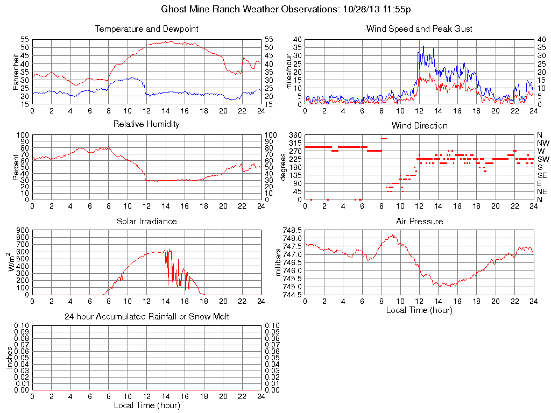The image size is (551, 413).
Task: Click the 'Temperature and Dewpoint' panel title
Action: point(147,29)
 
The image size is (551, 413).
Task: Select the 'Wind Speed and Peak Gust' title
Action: point(419,29)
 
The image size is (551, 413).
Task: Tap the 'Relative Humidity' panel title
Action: point(147,124)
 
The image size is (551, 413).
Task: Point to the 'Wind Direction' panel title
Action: point(419,125)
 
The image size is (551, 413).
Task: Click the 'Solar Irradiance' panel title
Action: point(147,221)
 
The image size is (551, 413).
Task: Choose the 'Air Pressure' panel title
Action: point(419,221)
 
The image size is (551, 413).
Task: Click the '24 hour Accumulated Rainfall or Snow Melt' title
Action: point(147,317)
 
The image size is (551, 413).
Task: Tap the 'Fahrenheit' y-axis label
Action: point(16,72)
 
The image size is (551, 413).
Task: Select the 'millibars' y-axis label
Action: point(279,262)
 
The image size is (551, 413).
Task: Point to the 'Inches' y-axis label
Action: point(9,357)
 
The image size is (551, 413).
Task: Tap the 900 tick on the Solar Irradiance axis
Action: point(22,230)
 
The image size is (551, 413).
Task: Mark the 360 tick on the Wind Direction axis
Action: point(293,134)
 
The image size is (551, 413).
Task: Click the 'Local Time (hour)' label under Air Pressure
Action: point(419,310)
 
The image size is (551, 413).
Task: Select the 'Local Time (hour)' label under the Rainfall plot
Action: point(147,405)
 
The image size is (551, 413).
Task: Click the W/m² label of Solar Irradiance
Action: point(12,262)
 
